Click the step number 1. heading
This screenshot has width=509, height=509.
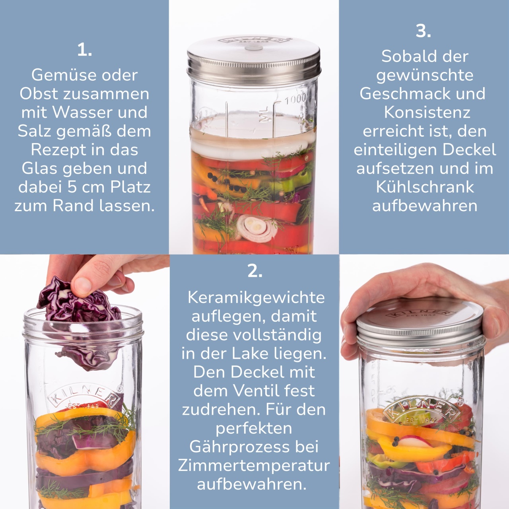85,50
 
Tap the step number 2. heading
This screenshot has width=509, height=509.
254,271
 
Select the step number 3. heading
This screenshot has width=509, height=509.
424,31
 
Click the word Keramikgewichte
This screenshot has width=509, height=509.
256,298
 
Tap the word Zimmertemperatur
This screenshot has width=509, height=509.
254,466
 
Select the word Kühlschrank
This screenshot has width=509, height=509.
425,187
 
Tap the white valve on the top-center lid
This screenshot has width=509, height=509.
254,48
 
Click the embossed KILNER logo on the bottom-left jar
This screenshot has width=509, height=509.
85,396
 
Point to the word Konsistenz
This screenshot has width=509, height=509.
427,112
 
